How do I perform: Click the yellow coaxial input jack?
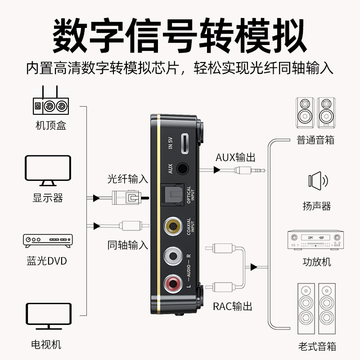[173, 226]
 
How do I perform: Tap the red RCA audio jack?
[173, 284]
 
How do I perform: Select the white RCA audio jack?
[173, 256]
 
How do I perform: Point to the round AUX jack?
[183, 169]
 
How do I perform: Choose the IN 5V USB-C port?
[185, 144]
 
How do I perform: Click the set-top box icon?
[51, 100]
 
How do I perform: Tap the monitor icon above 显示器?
[48, 171]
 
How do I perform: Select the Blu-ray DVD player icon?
[48, 241]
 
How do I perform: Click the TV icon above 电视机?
[49, 316]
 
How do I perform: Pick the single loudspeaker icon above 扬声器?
[318, 181]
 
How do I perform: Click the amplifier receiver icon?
[315, 240]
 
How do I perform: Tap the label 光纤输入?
[128, 179]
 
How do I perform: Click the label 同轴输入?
[128, 245]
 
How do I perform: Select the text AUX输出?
[235, 157]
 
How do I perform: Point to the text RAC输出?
[233, 306]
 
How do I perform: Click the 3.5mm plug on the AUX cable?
[250, 171]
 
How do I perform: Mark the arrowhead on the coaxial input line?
[97, 226]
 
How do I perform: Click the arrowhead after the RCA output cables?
[254, 267]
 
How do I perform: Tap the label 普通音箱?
[315, 140]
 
